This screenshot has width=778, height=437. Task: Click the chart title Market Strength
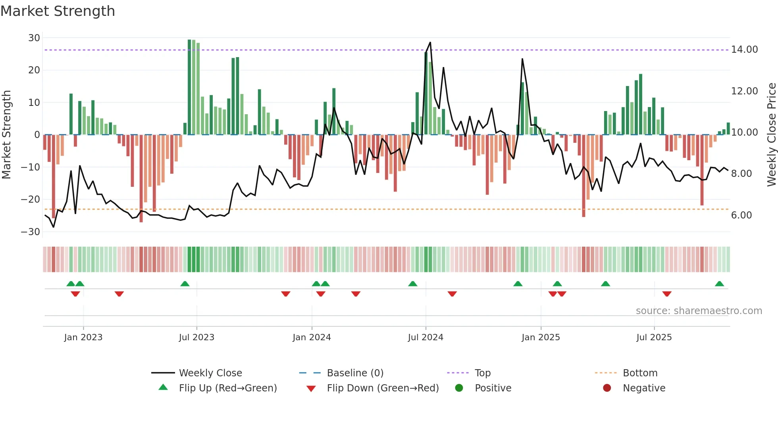[58, 11]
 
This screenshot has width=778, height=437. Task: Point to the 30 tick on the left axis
[34, 38]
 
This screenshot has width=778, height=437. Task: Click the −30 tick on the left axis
[31, 232]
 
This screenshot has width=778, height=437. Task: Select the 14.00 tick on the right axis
[744, 50]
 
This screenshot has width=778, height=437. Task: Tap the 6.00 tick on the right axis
[741, 215]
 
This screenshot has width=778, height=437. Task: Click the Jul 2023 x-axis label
[196, 337]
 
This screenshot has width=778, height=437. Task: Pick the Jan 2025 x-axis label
[541, 337]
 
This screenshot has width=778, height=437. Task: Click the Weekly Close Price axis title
[771, 135]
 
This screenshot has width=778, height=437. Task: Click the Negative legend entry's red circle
[607, 388]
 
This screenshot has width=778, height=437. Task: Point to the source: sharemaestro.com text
[699, 311]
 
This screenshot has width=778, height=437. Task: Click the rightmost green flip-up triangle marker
[719, 284]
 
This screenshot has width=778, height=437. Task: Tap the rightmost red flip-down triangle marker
[667, 294]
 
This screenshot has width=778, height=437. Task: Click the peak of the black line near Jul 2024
[430, 42]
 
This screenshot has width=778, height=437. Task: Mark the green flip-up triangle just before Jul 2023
[185, 284]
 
